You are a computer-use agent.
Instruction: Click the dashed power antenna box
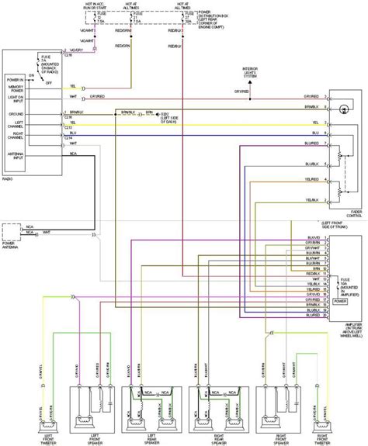(x=12, y=230)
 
